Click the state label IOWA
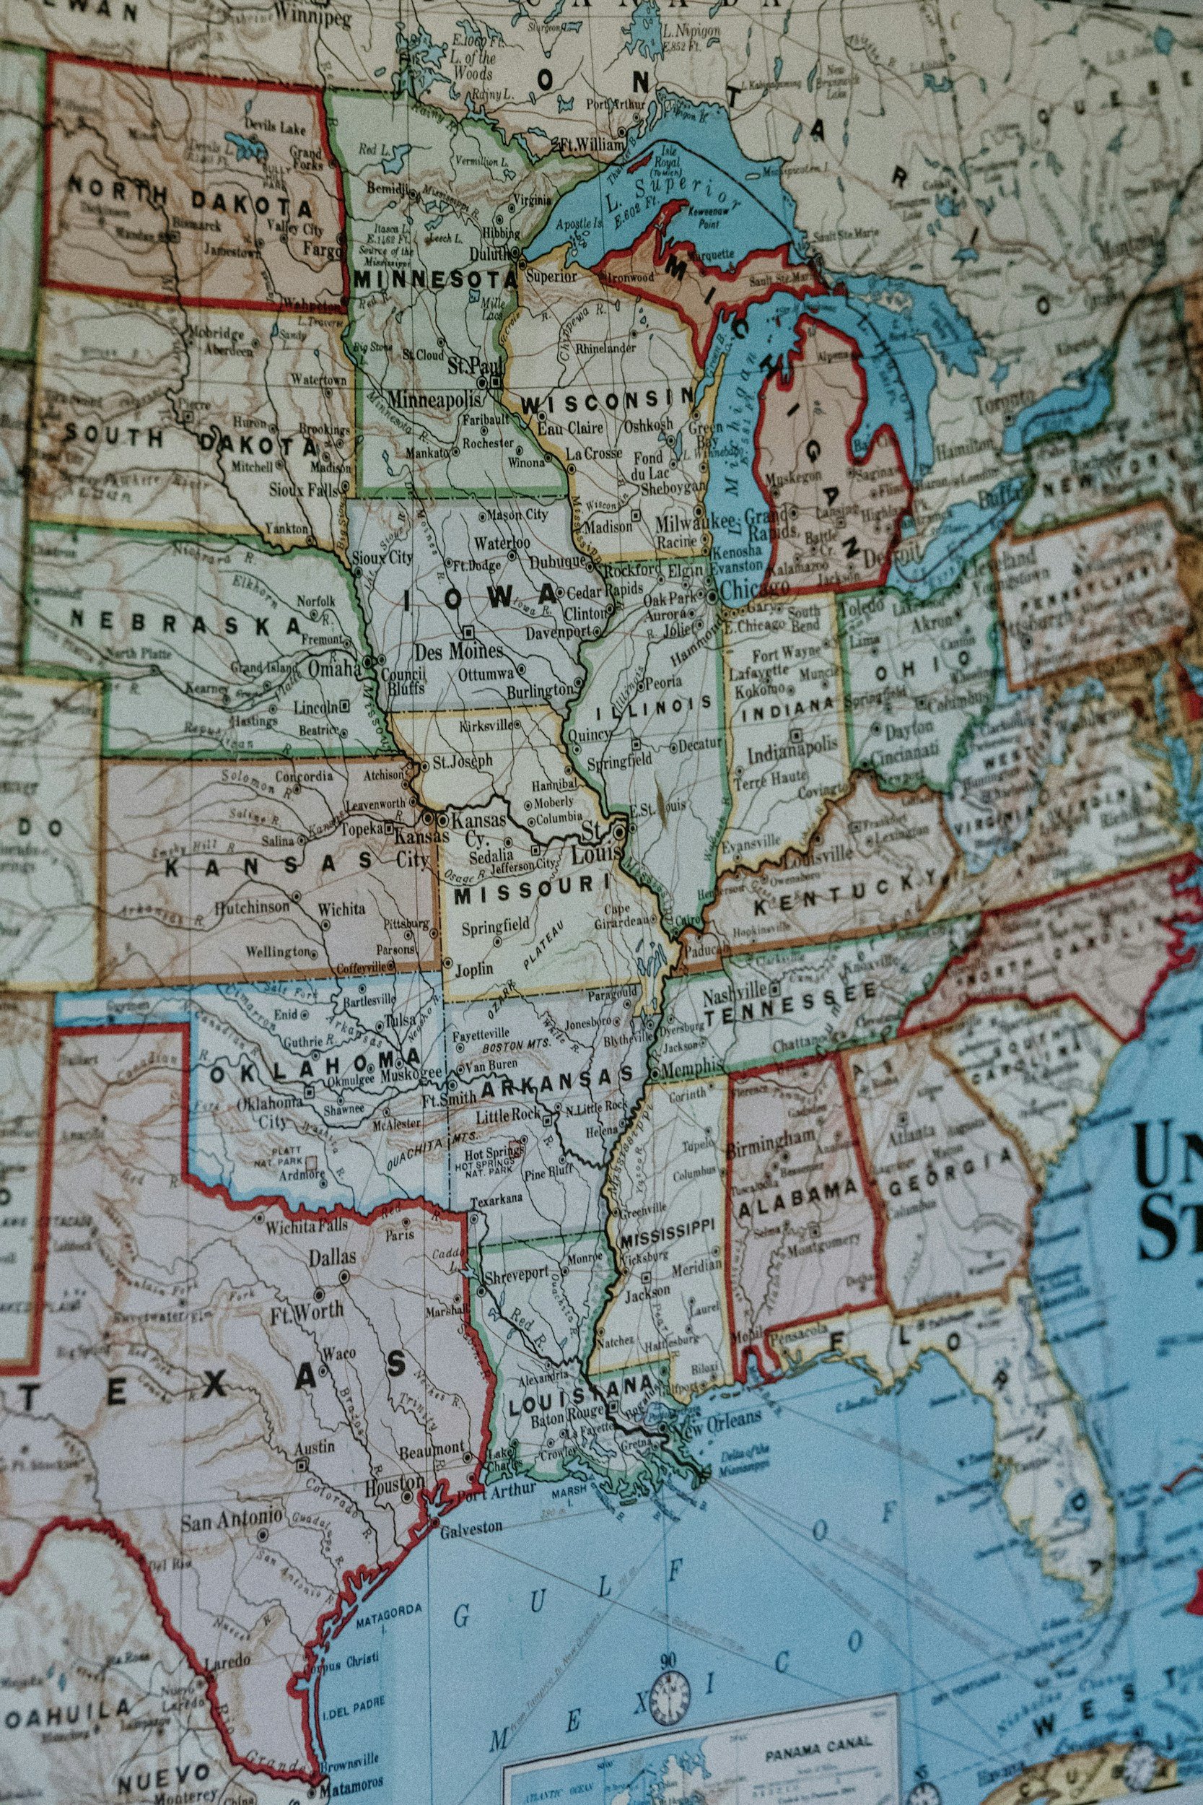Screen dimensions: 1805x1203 pyautogui.click(x=481, y=598)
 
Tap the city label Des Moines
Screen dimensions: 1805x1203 pyautogui.click(x=458, y=651)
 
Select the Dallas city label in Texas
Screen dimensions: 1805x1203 pyautogui.click(x=332, y=1256)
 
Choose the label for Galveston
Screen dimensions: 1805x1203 pyautogui.click(x=471, y=1527)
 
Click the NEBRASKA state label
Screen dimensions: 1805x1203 pyautogui.click(x=185, y=622)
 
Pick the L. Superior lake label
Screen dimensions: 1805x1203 pyautogui.click(x=671, y=194)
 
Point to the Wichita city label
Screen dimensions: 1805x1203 pyautogui.click(x=341, y=909)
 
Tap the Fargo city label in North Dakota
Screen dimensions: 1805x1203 pyautogui.click(x=320, y=248)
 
